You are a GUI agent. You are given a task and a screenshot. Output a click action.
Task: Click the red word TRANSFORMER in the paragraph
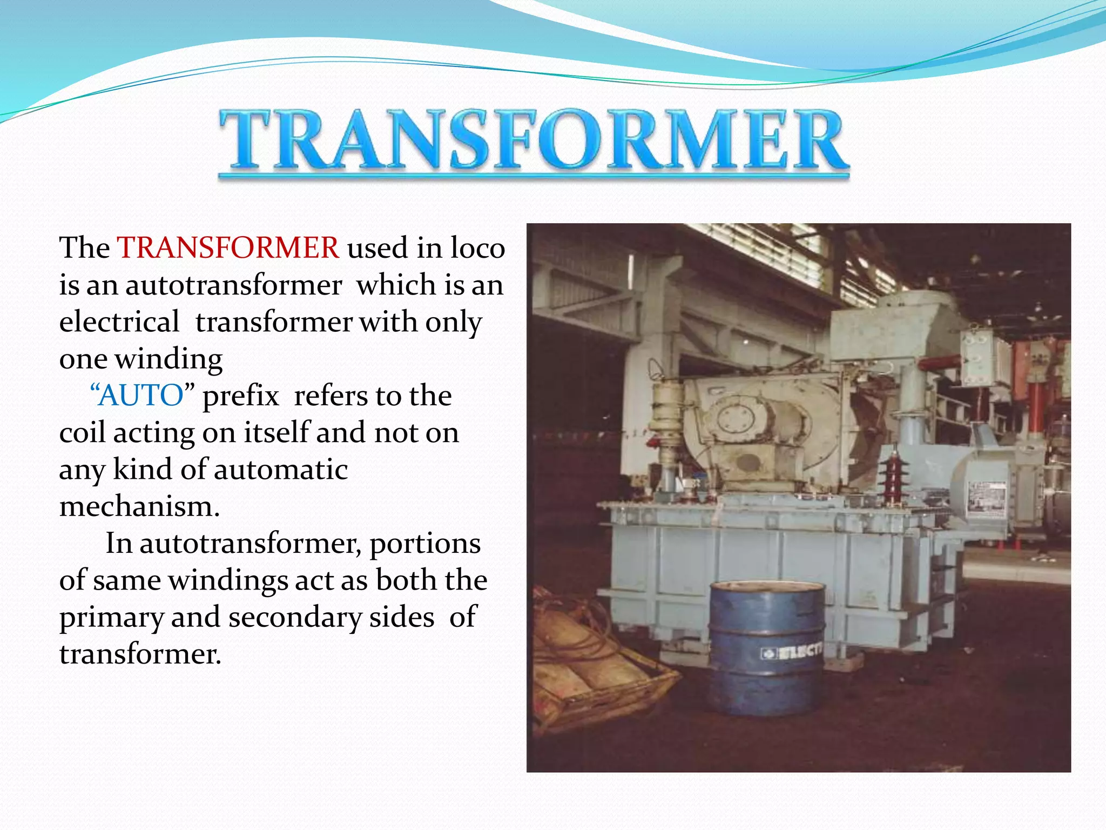(x=228, y=248)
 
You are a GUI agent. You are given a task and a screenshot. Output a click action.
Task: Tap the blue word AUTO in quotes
(x=142, y=396)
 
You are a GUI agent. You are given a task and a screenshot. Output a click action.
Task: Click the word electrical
(x=119, y=322)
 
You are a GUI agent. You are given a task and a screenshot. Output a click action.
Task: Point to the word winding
(x=168, y=359)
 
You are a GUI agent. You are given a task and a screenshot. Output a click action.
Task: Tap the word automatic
(x=281, y=470)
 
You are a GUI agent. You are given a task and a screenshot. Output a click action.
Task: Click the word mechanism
(x=139, y=507)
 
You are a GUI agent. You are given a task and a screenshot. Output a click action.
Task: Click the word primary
(x=111, y=618)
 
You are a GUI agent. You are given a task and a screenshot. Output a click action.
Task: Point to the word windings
(x=228, y=580)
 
